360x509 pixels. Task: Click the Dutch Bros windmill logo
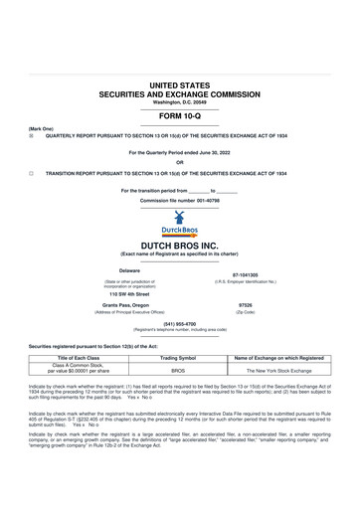tap(179, 221)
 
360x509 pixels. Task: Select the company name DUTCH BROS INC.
tap(179, 244)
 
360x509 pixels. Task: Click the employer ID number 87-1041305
tap(245, 275)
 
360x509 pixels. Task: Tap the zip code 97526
tap(245, 306)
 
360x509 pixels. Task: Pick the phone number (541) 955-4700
tap(179, 323)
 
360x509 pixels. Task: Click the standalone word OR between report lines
tap(179, 162)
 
